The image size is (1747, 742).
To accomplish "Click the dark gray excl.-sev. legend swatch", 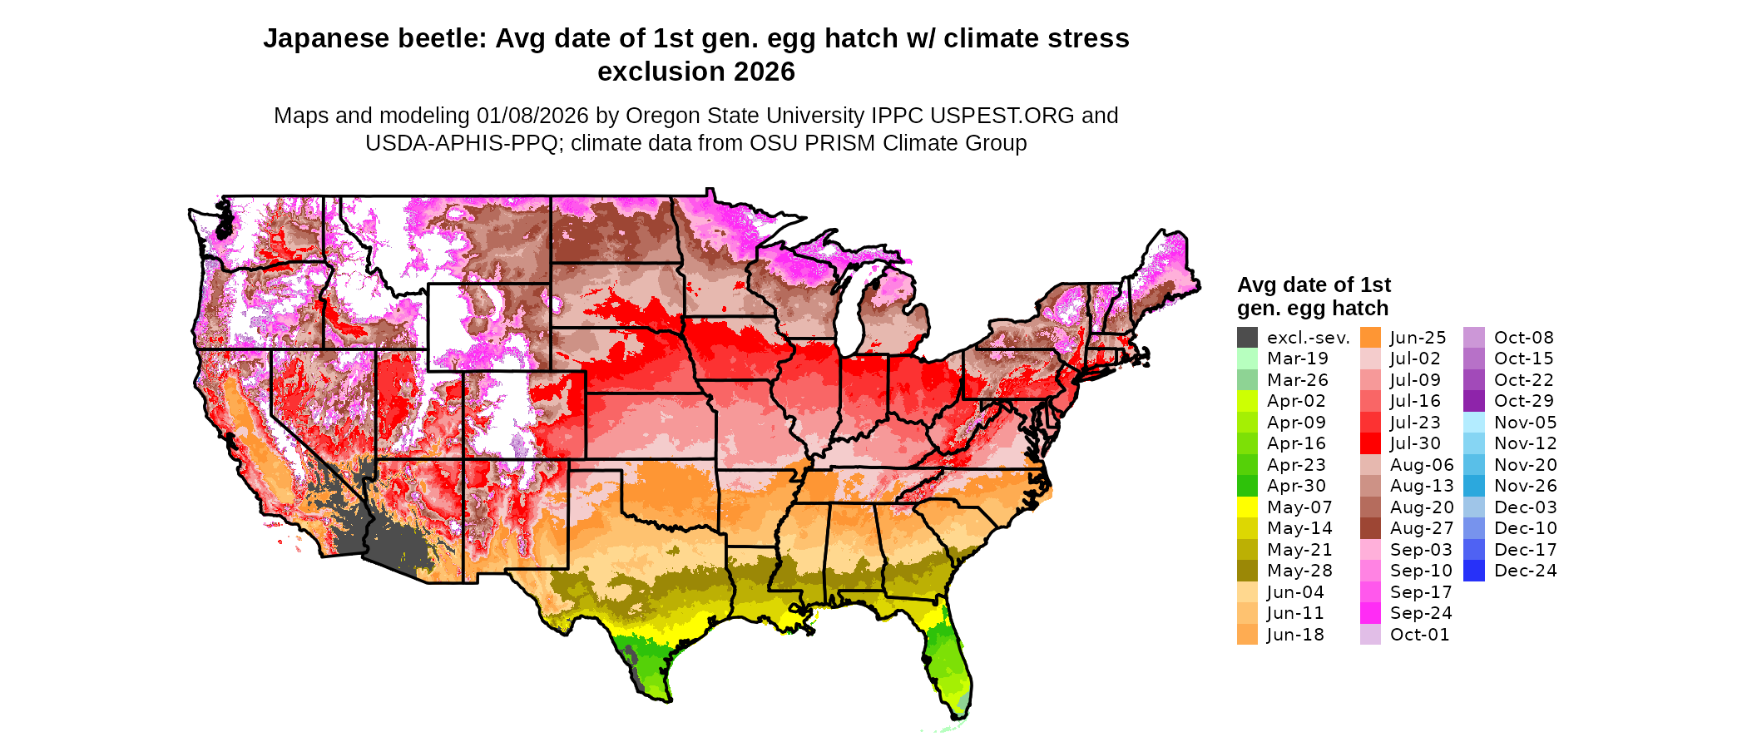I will (x=1247, y=338).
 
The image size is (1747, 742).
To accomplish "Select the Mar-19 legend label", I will (x=1298, y=359).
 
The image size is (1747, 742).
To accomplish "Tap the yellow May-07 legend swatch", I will (x=1247, y=507).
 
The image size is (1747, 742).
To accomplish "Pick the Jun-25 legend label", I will (x=1418, y=338).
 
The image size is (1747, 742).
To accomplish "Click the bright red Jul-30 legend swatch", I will (x=1370, y=443).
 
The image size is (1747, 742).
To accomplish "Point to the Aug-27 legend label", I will (x=1422, y=528).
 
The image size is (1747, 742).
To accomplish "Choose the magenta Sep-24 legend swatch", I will (x=1370, y=613).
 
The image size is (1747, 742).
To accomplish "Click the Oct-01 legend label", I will (x=1420, y=635).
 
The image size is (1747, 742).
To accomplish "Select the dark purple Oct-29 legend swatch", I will (x=1473, y=401).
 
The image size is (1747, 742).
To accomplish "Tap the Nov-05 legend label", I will (x=1526, y=423).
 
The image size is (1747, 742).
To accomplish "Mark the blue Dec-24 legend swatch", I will (x=1473, y=571).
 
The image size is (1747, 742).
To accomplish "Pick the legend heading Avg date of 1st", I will (x=1314, y=285).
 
